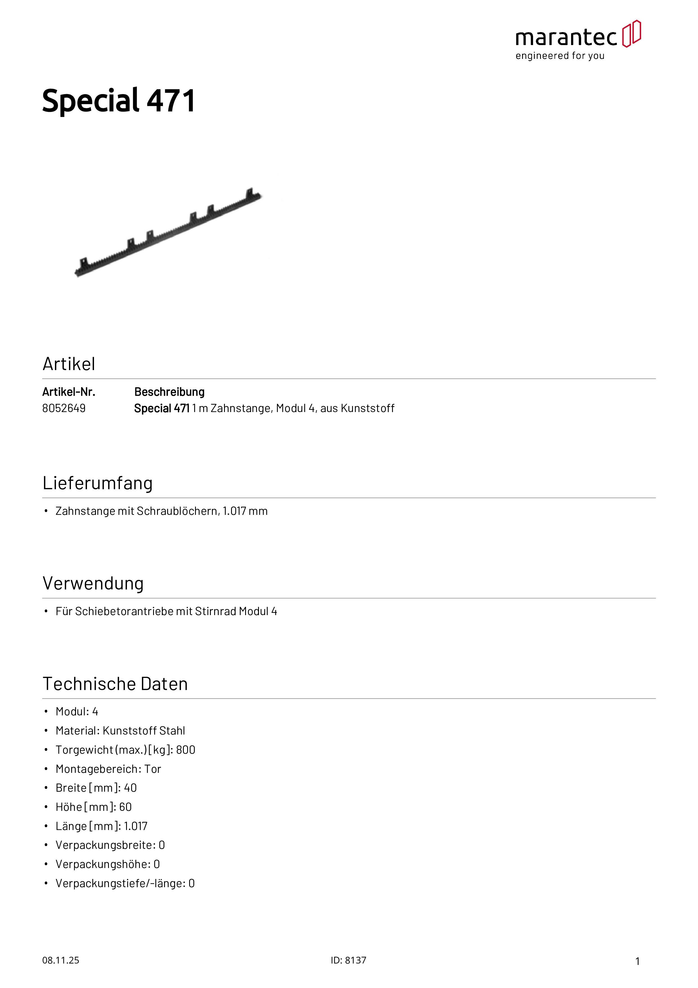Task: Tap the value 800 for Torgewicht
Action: (x=185, y=750)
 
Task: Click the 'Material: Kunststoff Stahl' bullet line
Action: (x=120, y=730)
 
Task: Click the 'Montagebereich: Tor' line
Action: (x=108, y=769)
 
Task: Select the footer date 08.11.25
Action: (x=61, y=960)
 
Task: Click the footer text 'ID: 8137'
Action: (x=348, y=960)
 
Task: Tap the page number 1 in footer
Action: (x=637, y=961)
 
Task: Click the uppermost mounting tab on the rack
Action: (x=249, y=192)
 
